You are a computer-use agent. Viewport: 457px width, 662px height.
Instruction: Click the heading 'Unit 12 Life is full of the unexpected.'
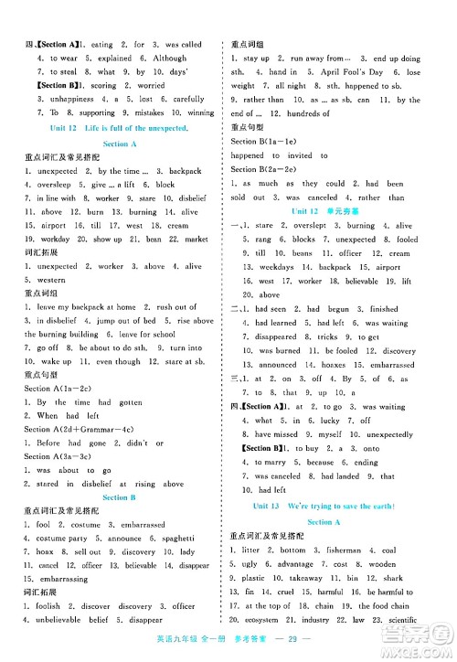point(120,127)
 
